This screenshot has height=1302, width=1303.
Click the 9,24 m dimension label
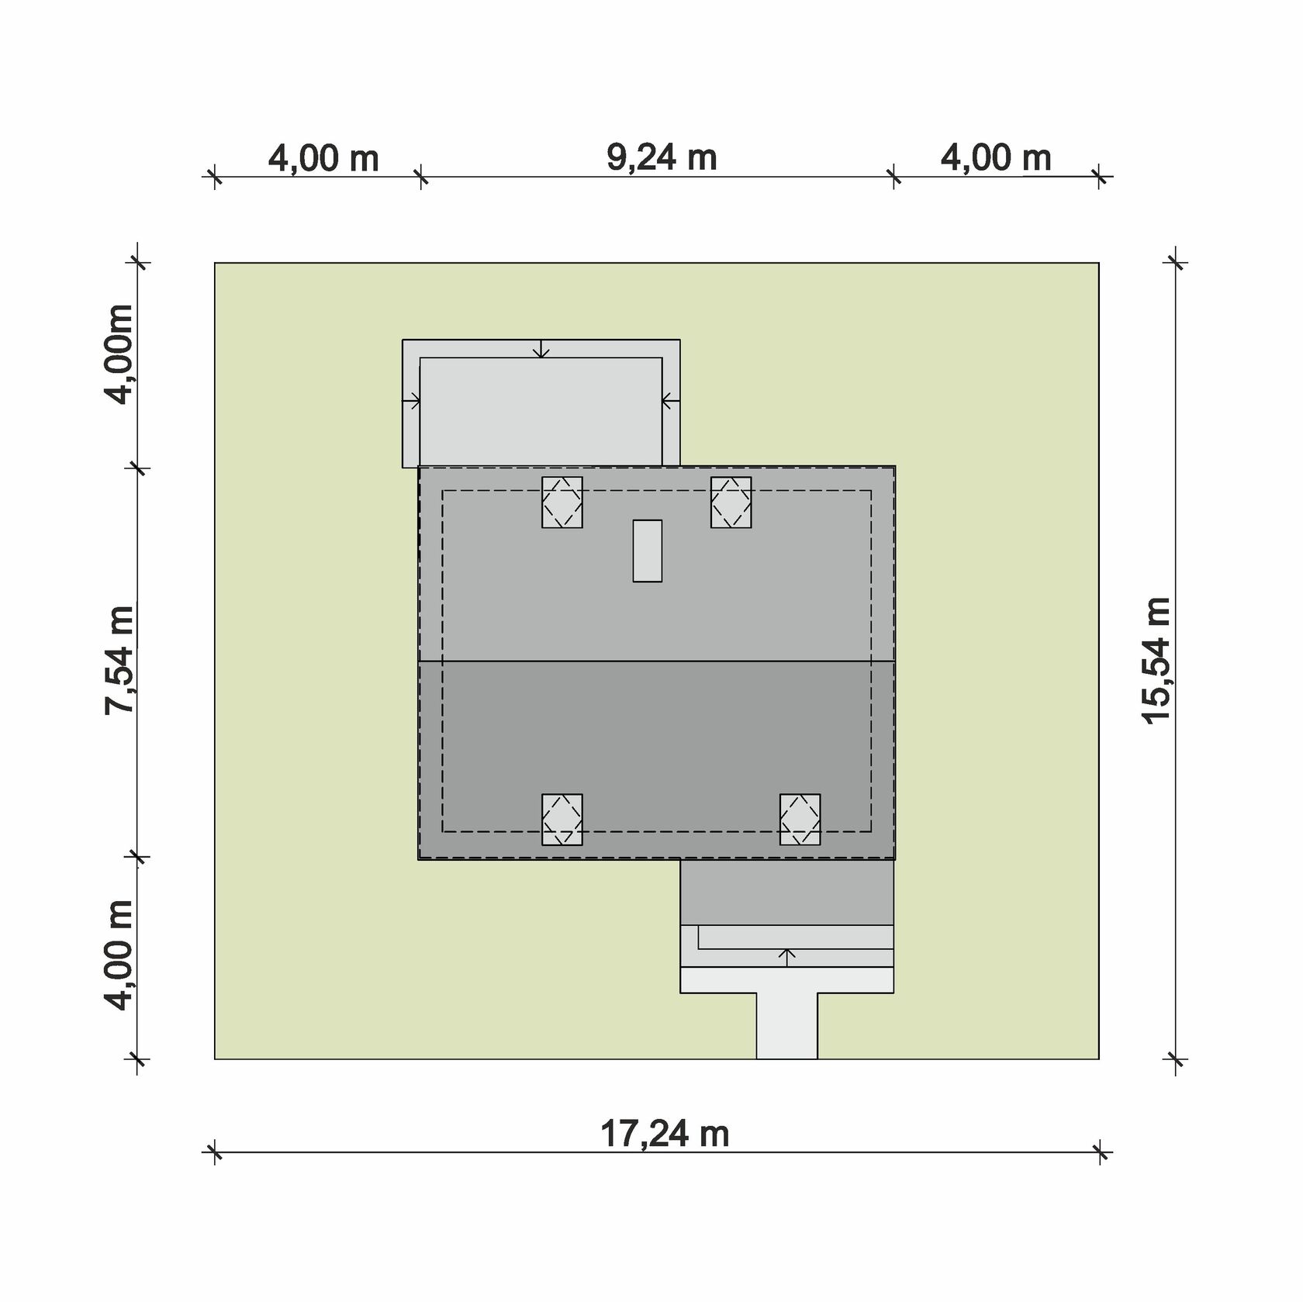662,158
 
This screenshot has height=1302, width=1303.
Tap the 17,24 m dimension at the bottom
665,1135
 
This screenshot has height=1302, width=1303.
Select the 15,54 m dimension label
1156,661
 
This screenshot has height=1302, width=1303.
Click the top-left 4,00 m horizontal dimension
323,159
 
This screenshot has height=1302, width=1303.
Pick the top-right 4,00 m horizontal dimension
996,158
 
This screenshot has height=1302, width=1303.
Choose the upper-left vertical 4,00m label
119,354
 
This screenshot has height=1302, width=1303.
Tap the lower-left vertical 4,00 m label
120,955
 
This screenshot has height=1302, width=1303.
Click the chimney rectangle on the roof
648,551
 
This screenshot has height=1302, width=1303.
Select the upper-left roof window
562,502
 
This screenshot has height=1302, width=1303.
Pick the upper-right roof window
731,502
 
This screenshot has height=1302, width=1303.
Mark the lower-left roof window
562,820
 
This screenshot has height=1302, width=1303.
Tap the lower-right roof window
800,820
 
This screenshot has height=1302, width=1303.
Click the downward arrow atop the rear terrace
541,349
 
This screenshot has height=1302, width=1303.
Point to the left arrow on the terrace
411,402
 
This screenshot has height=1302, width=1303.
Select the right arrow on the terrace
671,402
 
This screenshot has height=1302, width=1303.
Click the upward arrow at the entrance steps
787,957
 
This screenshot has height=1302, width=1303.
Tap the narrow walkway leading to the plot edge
786,1026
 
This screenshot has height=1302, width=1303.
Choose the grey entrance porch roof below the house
787,892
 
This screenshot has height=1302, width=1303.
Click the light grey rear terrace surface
541,412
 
